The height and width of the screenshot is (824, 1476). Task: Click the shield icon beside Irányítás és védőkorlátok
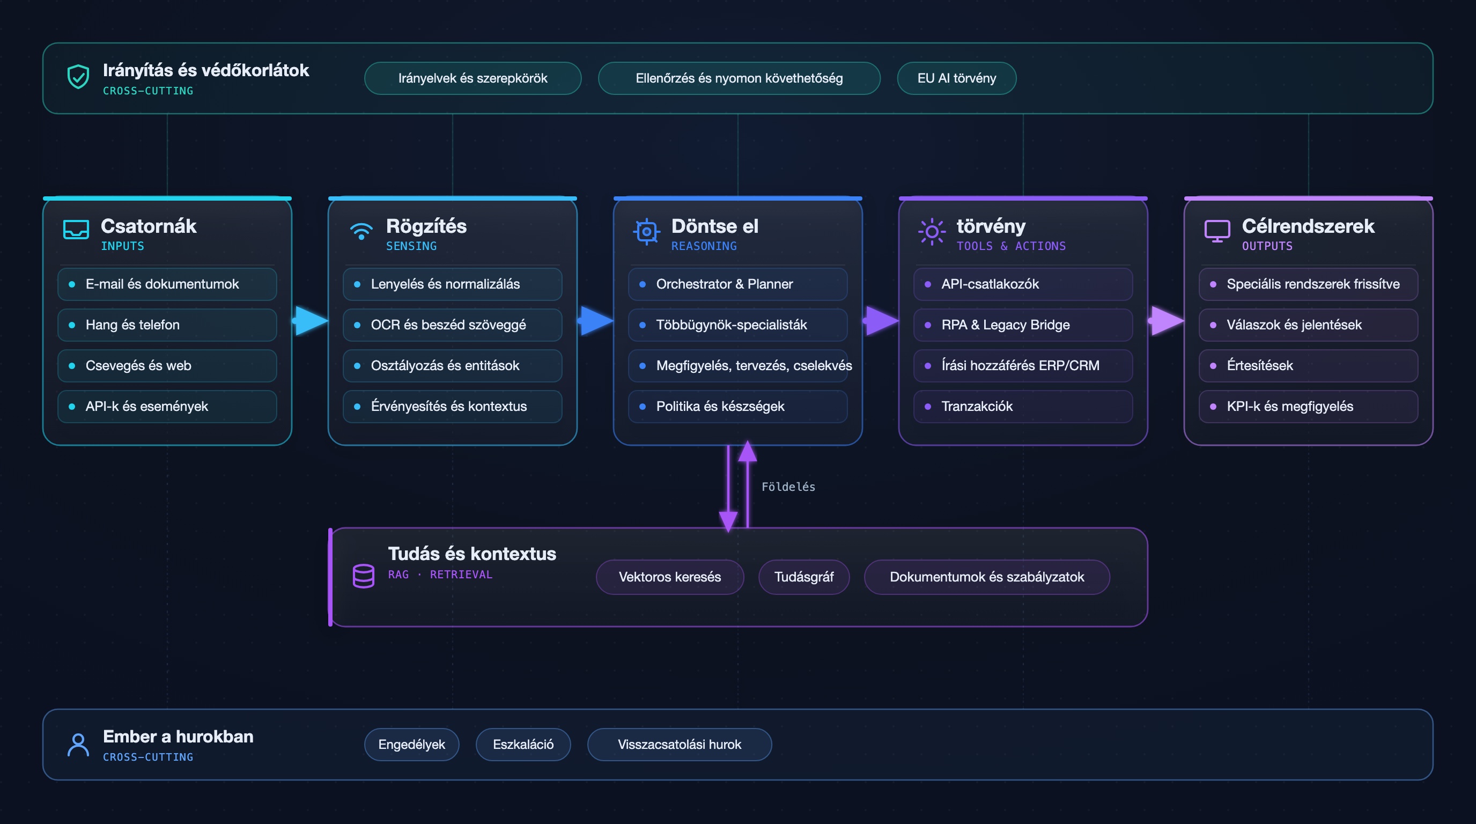[x=78, y=77]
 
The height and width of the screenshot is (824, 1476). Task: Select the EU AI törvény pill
[x=956, y=78]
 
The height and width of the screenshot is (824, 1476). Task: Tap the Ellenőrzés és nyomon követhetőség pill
[x=739, y=78]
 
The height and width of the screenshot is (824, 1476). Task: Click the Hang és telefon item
[x=167, y=325]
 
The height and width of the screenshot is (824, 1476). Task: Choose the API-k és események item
[x=167, y=406]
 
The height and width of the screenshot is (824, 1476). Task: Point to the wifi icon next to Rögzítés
[x=361, y=231]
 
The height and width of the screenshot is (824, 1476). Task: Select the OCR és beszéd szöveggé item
[x=453, y=325]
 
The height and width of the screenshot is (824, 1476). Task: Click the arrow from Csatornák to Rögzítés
[x=310, y=321]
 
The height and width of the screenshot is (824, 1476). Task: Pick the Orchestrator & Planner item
[x=738, y=284]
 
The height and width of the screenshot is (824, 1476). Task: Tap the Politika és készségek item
[x=738, y=406]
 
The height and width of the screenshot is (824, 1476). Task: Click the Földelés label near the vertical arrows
[x=788, y=487]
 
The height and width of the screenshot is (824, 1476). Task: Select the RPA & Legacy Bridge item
[x=1023, y=325]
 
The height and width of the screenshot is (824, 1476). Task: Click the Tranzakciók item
[x=1023, y=406]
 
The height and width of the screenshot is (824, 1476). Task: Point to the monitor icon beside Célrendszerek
[x=1217, y=231]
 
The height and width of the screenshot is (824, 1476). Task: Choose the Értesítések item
[x=1309, y=365]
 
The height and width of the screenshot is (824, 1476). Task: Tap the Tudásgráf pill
[x=804, y=577]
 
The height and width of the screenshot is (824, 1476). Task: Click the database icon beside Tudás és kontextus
[x=363, y=576]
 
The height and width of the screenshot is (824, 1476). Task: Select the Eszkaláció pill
[x=523, y=745]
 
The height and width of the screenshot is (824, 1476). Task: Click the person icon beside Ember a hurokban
[x=78, y=745]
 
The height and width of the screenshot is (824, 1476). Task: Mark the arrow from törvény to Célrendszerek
[x=1166, y=321]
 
